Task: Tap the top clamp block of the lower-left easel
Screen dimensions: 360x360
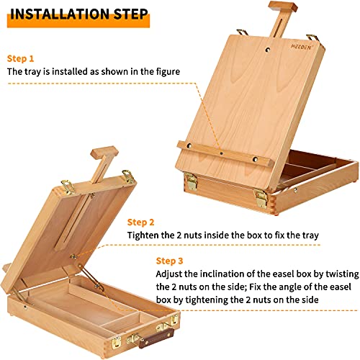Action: [x=100, y=153]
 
